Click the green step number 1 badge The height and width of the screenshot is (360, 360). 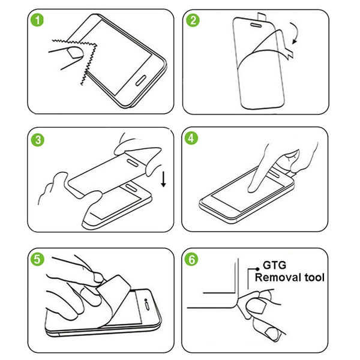[x=37, y=22]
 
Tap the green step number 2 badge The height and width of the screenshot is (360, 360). [x=193, y=22]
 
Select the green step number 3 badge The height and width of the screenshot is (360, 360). [x=37, y=141]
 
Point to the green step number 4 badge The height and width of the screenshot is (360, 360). [x=193, y=140]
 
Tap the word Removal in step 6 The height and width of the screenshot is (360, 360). [x=277, y=277]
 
